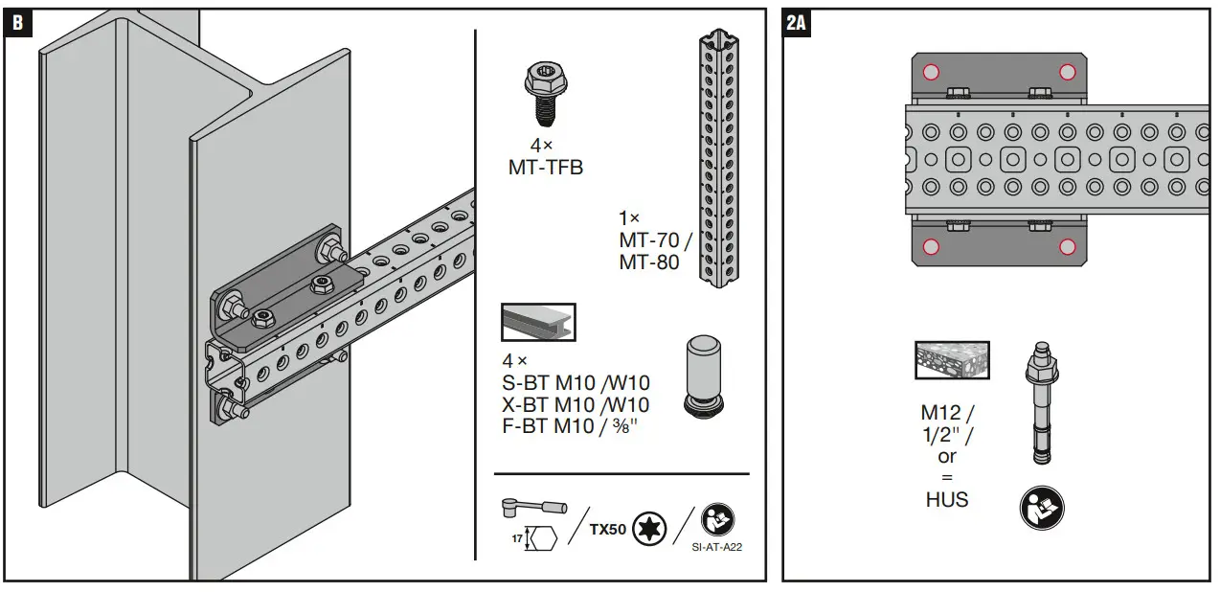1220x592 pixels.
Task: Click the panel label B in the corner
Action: click(17, 21)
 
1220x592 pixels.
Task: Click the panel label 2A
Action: click(797, 21)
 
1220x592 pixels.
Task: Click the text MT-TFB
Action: click(545, 169)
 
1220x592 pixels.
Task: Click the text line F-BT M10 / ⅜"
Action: click(569, 426)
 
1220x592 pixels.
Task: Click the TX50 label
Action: click(606, 528)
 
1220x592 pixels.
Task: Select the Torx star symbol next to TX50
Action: click(648, 528)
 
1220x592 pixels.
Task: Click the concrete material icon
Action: click(938, 360)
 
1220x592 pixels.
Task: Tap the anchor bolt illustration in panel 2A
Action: click(1042, 402)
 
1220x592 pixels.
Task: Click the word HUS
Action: click(946, 499)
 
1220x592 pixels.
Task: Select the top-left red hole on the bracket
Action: click(930, 71)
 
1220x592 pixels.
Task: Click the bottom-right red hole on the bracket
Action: click(1067, 247)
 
